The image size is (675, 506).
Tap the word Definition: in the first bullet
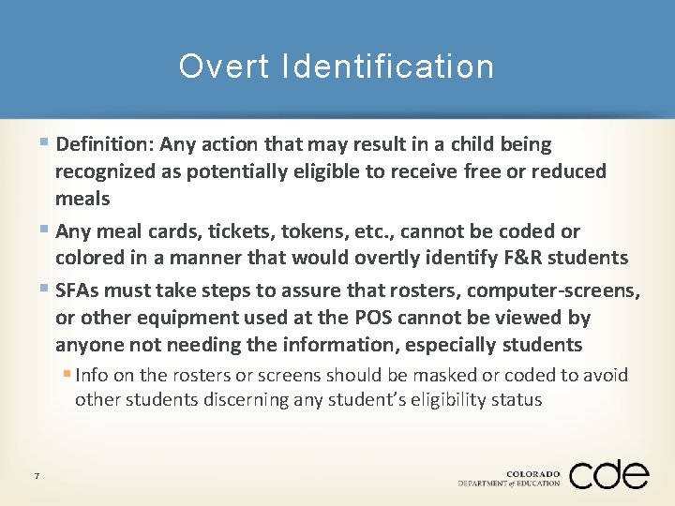pyautogui.click(x=106, y=144)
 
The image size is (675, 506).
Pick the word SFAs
pyautogui.click(x=81, y=290)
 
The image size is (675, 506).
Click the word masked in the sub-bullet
pyautogui.click(x=441, y=375)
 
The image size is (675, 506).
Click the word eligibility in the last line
pyautogui.click(x=449, y=399)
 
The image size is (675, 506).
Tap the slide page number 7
pyautogui.click(x=36, y=477)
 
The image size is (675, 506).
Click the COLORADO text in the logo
pyautogui.click(x=532, y=473)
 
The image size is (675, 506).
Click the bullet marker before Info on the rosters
pyautogui.click(x=67, y=375)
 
